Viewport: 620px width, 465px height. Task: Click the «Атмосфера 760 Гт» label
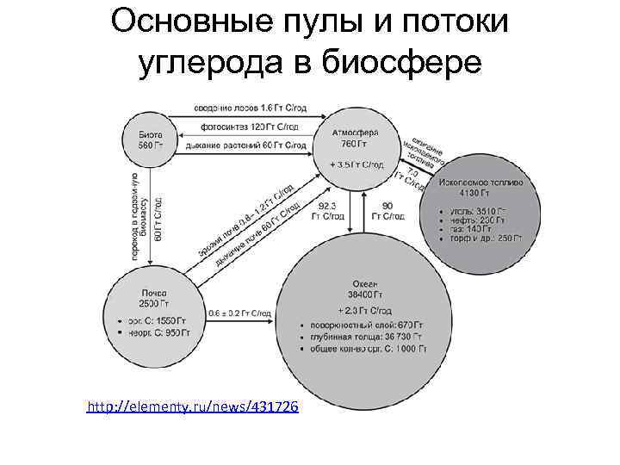[355, 138]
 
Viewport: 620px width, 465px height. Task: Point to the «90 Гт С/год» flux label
[387, 211]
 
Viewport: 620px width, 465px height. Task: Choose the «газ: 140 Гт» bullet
[470, 228]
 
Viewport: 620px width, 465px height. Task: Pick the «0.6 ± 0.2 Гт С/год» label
[240, 312]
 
